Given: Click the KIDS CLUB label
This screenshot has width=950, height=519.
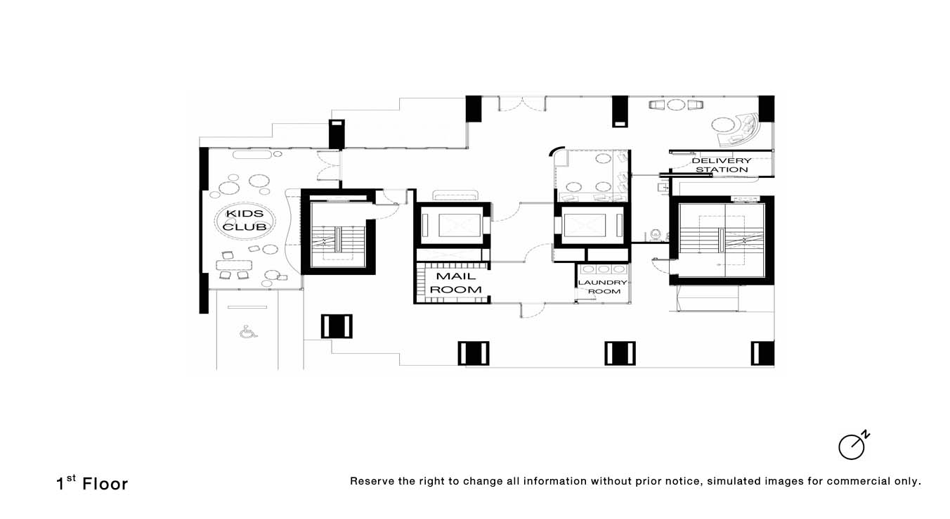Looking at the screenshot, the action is coord(245,220).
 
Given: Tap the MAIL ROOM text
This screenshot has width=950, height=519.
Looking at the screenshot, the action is coord(456,283).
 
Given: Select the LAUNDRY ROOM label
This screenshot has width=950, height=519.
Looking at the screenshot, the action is coord(603,287).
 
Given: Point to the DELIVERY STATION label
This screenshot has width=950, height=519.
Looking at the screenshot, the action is coord(722,165).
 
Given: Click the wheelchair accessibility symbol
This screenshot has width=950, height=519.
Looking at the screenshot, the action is coord(248,332).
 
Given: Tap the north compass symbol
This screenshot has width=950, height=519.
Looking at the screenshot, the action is coord(854,446).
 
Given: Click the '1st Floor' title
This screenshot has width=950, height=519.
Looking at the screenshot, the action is coord(92,483).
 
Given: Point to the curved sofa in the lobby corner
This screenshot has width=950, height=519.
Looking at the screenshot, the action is coord(738,129).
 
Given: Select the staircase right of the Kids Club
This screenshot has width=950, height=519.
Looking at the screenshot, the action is coord(338,240).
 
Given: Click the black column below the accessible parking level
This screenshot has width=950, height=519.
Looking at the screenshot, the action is coord(337,326).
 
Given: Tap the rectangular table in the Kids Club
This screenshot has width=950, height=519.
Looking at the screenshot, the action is coord(234,266).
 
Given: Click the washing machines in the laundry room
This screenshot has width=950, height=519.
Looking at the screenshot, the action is coord(603,269).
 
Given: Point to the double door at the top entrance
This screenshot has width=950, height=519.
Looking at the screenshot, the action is coord(522,104).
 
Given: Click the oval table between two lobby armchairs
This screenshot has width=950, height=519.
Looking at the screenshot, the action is coord(676,104).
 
